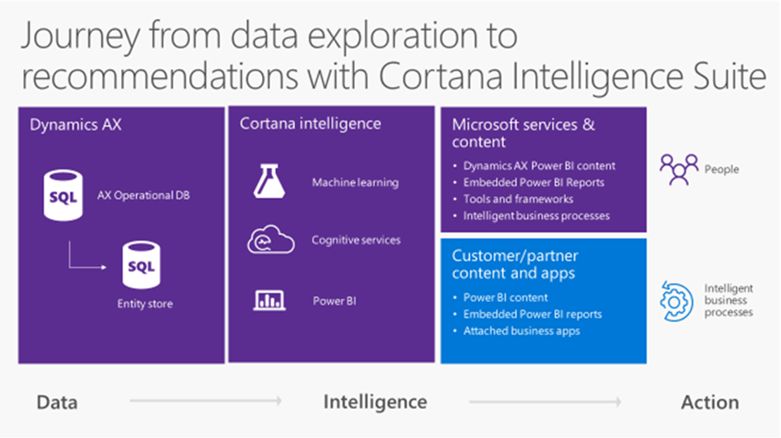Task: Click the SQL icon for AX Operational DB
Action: (63, 195)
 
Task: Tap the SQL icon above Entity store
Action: (142, 264)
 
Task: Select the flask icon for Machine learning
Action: (269, 181)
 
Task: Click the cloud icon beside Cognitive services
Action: (271, 239)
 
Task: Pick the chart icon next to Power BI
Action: (269, 301)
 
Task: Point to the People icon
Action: (679, 169)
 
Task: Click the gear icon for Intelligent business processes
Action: (676, 301)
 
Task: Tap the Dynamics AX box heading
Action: (75, 124)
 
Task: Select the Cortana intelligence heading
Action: (310, 124)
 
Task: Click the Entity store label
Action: (145, 304)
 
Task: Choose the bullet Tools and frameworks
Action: (518, 199)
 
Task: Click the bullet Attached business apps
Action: (521, 330)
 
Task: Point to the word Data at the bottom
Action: (56, 402)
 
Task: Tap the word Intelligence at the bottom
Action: (375, 402)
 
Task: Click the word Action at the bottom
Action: (710, 402)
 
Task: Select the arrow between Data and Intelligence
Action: (206, 400)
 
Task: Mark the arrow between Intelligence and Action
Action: (545, 401)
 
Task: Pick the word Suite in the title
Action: (729, 76)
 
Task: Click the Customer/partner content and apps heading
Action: (515, 264)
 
